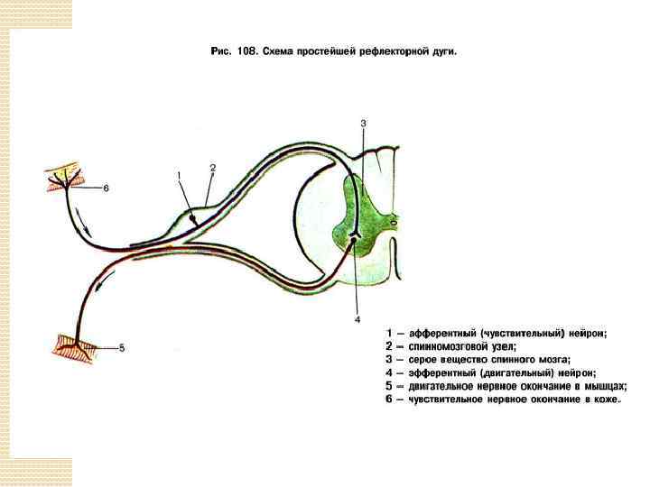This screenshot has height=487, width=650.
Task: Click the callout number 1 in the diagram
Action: tap(178, 174)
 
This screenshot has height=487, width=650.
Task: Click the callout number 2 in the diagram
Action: tap(213, 168)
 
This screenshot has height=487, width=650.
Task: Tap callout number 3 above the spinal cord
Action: tap(363, 123)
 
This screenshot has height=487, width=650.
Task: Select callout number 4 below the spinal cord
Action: tap(357, 319)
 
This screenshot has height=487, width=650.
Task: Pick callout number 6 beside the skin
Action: tap(106, 188)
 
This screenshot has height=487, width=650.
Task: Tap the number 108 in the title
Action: tap(242, 51)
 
